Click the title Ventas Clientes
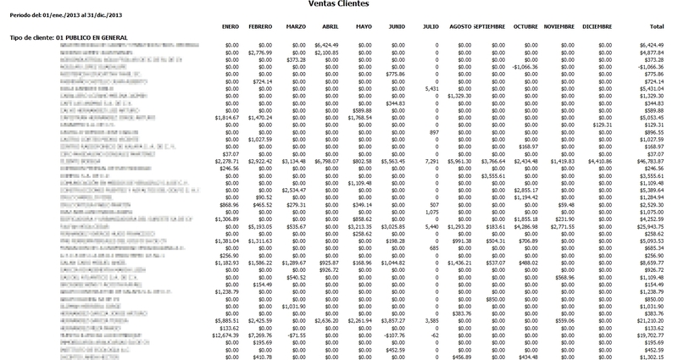[x=339, y=5]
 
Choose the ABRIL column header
[x=330, y=27]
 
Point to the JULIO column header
[x=431, y=27]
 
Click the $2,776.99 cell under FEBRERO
[x=261, y=53]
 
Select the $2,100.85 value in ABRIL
[x=326, y=53]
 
